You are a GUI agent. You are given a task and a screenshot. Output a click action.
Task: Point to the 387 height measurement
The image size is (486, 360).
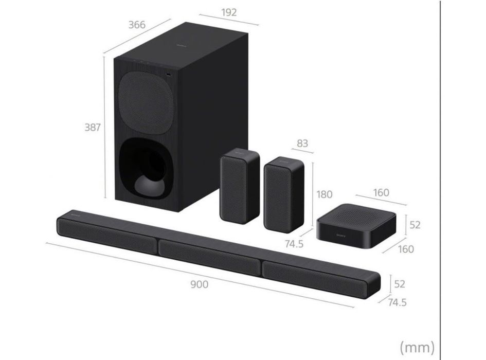93,127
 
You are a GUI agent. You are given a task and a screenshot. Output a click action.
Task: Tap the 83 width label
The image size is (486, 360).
302,143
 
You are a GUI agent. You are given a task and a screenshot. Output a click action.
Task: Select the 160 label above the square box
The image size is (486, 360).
381,193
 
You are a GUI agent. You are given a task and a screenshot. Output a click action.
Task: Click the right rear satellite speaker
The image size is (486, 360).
280,194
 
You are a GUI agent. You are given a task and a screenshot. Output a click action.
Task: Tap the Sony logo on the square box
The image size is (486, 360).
342,235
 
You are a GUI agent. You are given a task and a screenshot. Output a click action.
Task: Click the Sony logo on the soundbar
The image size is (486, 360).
76,211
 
